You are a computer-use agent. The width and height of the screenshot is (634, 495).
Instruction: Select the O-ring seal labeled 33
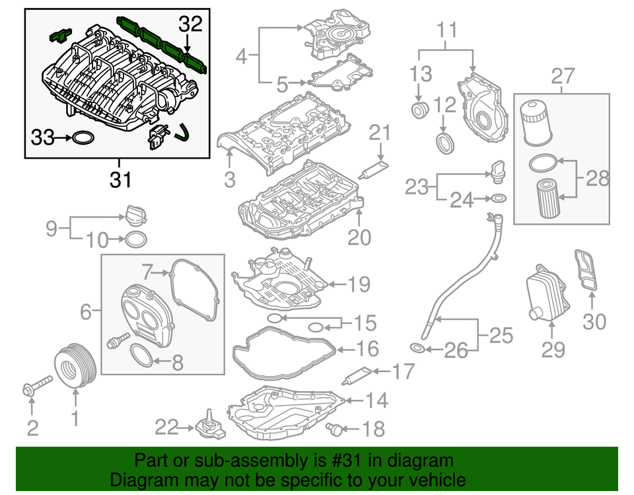pyautogui.click(x=82, y=138)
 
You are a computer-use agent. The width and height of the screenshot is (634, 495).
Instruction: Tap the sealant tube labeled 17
pyautogui.click(x=357, y=377)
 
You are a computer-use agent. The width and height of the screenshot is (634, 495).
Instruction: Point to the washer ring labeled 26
pyautogui.click(x=417, y=348)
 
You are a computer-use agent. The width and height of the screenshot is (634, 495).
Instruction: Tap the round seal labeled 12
pyautogui.click(x=446, y=141)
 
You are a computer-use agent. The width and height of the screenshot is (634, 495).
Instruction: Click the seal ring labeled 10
pyautogui.click(x=135, y=238)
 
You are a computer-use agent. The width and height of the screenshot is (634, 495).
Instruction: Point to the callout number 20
pyautogui.click(x=360, y=236)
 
